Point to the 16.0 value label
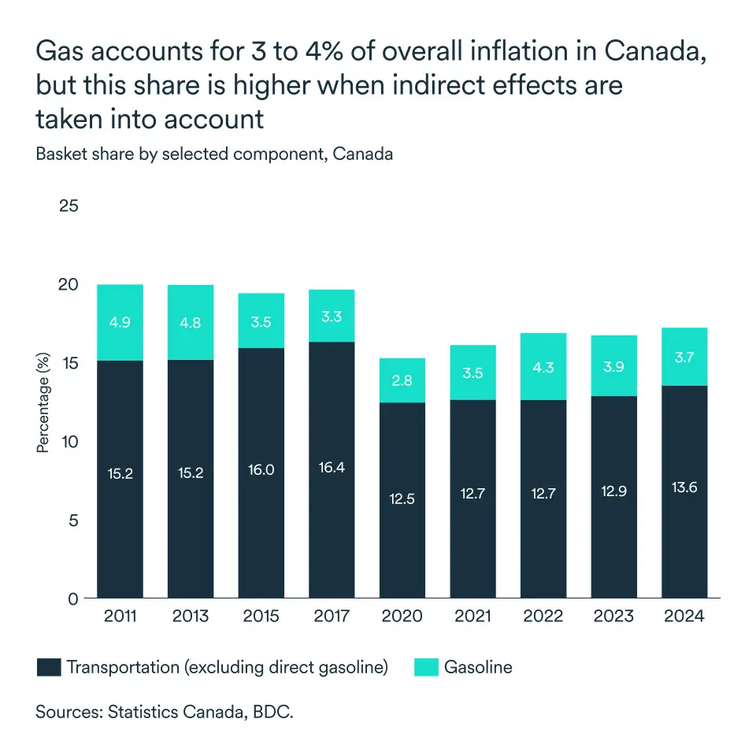coord(261,469)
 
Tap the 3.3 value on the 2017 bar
coord(331,317)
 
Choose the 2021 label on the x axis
coord(472,616)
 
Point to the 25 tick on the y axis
coord(69,206)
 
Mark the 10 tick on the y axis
coord(69,442)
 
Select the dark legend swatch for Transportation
coord(49,668)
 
